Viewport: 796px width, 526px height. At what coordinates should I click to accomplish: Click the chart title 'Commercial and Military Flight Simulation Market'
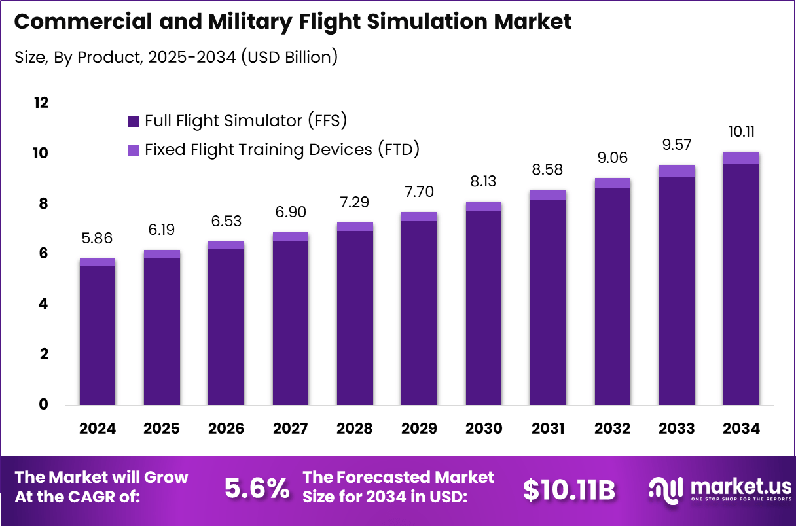(x=293, y=22)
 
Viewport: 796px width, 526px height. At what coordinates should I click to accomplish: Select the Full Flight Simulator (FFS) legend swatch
(x=134, y=121)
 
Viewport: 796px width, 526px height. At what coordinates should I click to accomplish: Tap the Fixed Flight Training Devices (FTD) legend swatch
(x=134, y=150)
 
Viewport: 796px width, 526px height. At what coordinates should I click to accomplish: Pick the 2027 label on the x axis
(x=291, y=429)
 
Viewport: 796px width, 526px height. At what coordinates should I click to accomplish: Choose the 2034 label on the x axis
(x=742, y=429)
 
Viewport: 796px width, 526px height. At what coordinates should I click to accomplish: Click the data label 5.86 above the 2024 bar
(x=97, y=239)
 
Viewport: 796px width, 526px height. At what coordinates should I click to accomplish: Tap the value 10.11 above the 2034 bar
(x=741, y=132)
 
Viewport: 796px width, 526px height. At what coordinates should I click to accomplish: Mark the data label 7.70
(x=419, y=192)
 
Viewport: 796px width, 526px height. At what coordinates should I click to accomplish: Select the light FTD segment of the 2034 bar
(x=741, y=158)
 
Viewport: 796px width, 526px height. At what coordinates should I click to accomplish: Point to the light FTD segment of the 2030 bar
(x=484, y=206)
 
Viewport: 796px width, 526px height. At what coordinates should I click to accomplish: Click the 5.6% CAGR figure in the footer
(x=257, y=488)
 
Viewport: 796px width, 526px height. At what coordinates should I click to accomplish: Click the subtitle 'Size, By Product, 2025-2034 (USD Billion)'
(x=176, y=57)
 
